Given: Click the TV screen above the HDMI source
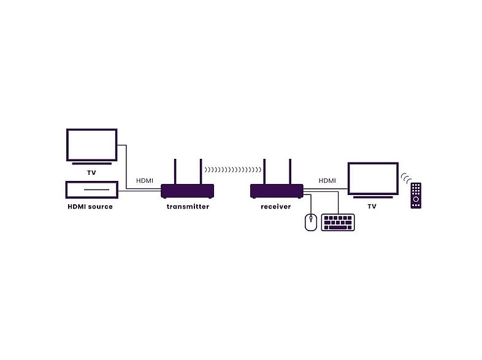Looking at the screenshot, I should click(91, 144).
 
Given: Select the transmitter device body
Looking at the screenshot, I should click(188, 191).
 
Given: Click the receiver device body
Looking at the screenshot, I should click(277, 191).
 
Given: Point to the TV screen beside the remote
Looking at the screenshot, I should click(372, 178).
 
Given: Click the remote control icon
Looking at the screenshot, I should click(416, 196).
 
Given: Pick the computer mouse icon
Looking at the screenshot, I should click(311, 222).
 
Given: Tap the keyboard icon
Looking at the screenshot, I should click(339, 222).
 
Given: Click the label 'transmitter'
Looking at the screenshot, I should click(188, 207).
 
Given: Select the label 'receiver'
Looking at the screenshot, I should click(276, 207).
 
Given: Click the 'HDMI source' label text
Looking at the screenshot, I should click(90, 207).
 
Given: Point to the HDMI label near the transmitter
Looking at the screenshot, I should click(145, 180).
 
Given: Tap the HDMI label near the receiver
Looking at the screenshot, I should click(327, 180).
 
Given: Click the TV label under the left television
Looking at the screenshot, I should click(91, 173).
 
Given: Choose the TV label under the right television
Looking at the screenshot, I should click(372, 207).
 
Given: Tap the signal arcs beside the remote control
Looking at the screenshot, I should click(405, 178).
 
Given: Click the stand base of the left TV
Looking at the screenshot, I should click(91, 164).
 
